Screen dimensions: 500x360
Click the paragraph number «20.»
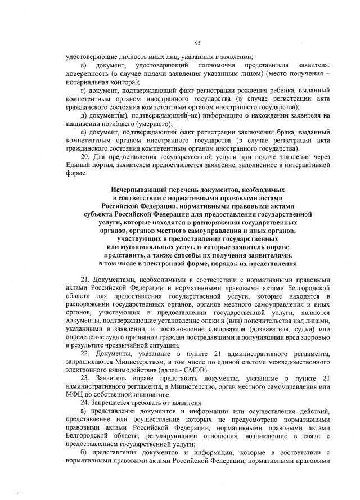click(x=87, y=157)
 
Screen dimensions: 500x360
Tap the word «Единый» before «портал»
click(x=78, y=165)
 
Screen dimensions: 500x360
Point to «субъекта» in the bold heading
click(x=98, y=214)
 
